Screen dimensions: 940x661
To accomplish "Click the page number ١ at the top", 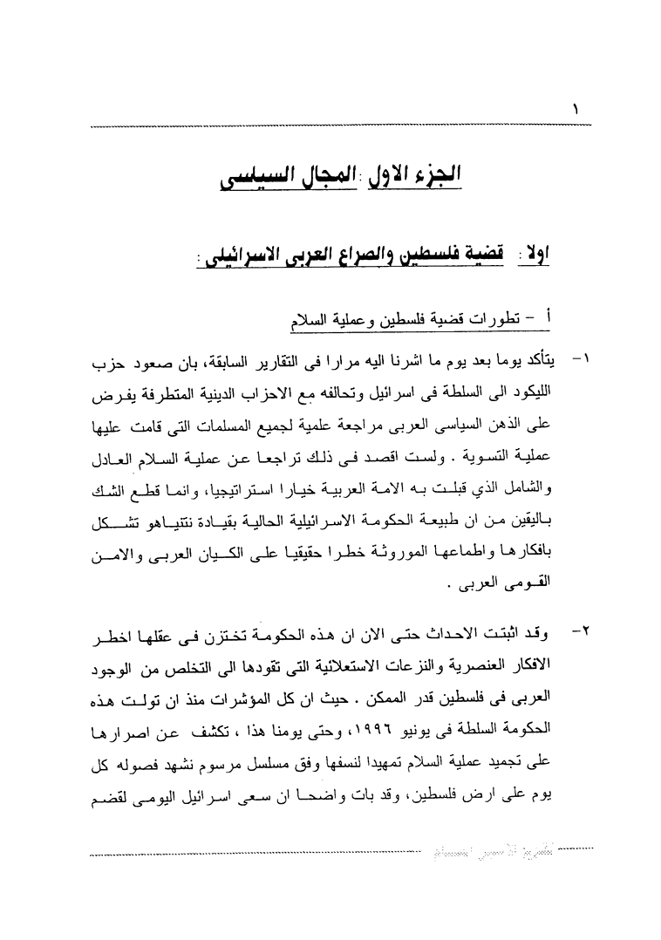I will [x=576, y=112].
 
